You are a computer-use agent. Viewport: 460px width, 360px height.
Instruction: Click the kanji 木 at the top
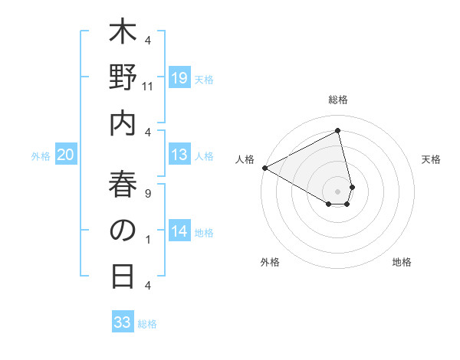(123, 36)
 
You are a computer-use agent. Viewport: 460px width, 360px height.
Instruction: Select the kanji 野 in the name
(123, 80)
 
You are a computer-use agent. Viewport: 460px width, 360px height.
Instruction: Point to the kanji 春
(123, 185)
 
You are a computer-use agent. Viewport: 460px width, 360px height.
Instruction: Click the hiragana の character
(123, 231)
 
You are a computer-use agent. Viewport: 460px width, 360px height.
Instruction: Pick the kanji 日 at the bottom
(123, 275)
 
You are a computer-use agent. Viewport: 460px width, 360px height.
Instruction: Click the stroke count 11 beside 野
(148, 87)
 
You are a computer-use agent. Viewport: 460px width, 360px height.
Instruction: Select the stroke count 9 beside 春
(148, 194)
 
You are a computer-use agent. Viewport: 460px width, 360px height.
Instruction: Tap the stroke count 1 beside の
(148, 240)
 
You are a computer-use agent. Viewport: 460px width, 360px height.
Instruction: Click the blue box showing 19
(179, 77)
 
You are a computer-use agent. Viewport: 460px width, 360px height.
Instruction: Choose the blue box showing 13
(179, 155)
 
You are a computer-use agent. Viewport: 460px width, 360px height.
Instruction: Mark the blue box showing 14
(179, 231)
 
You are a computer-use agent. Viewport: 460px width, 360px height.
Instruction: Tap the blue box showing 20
(65, 155)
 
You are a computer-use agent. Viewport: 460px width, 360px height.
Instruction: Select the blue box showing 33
(123, 322)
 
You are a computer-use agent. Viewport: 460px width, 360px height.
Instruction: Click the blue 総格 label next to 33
(148, 324)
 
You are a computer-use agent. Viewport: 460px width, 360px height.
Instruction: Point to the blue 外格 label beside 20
(41, 156)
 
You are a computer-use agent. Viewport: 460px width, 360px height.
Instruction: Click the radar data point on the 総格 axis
(338, 131)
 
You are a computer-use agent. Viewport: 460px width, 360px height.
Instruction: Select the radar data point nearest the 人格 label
(264, 167)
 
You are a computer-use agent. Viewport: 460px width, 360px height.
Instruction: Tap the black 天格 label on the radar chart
(431, 159)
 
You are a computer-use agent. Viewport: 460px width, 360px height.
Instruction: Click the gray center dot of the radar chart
(338, 191)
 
